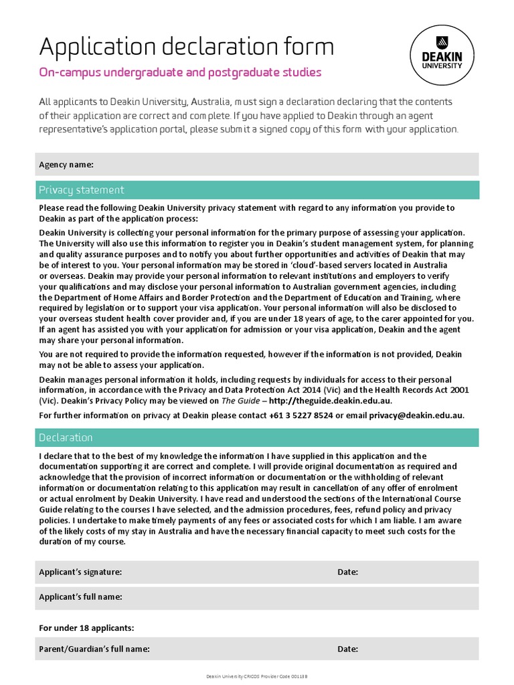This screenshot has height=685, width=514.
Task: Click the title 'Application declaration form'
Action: pos(186,47)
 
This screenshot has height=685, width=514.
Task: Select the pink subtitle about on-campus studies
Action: pos(180,72)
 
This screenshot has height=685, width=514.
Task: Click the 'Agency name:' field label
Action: pos(66,165)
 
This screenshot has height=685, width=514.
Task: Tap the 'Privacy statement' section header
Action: pos(81,190)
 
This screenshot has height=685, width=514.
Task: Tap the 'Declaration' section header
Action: pos(66,437)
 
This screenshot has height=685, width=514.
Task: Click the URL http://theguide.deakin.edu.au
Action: pos(331,401)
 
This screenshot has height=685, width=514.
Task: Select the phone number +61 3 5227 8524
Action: pos(301,415)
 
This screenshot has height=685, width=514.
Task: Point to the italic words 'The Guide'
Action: pos(239,401)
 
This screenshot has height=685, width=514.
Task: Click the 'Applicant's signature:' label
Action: pos(80,572)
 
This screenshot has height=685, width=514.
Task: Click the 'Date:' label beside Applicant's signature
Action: pos(347,572)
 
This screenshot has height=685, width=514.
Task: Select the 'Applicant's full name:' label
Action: pos(80,596)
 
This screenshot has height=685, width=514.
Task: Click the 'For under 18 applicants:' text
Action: pos(86,628)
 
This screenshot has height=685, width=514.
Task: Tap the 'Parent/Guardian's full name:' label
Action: pos(94,649)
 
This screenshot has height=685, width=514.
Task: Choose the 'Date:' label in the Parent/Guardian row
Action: pos(347,649)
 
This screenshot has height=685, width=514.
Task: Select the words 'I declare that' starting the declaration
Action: pos(66,456)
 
